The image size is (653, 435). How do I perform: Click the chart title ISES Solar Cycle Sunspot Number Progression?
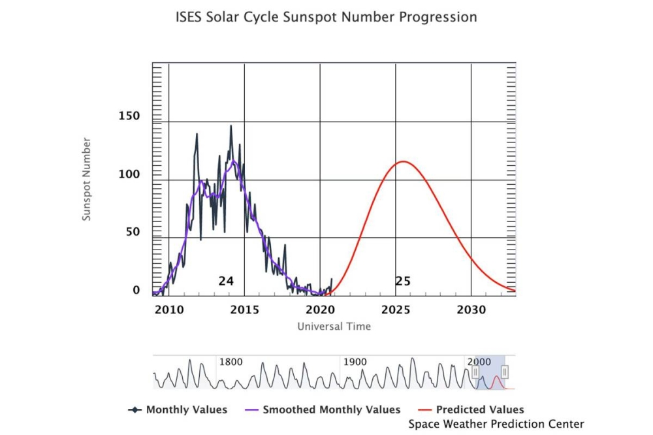click(326, 17)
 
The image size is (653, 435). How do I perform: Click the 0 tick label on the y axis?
click(136, 290)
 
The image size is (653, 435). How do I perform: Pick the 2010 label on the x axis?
click(168, 310)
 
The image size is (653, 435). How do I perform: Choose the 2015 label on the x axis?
click(244, 310)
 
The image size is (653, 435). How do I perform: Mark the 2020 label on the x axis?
click(320, 310)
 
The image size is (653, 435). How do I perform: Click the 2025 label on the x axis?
click(396, 310)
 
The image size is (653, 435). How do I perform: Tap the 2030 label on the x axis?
click(471, 310)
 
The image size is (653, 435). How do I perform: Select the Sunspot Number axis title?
click(86, 178)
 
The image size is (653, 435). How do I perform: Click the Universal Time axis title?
click(334, 326)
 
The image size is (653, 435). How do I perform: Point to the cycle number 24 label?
click(226, 282)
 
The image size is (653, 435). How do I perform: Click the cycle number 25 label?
click(403, 282)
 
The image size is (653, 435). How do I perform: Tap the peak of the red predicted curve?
click(403, 161)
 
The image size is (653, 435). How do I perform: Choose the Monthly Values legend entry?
click(186, 410)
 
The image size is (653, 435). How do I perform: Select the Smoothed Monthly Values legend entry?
click(331, 410)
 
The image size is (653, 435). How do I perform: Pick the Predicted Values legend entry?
click(480, 410)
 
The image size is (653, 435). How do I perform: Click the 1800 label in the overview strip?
click(230, 362)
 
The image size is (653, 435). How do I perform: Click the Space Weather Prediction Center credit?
click(496, 424)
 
